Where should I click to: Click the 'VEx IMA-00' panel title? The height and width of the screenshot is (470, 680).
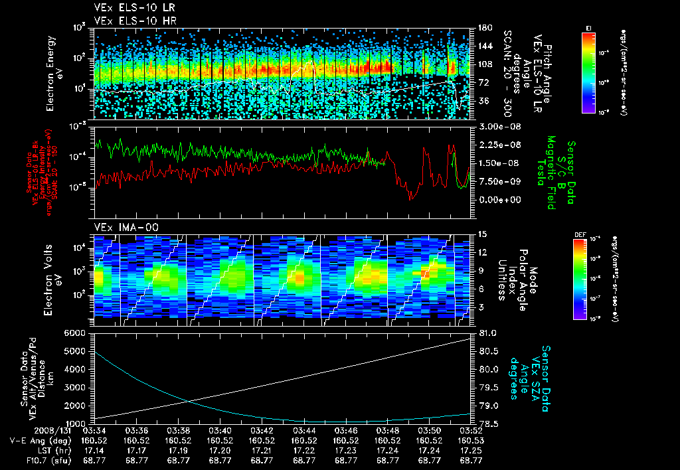(x=121, y=227)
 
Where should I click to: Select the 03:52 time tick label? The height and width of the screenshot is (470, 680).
(x=471, y=430)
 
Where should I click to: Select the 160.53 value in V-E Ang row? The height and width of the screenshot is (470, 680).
(x=471, y=439)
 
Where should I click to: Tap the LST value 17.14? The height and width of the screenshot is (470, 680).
(x=96, y=449)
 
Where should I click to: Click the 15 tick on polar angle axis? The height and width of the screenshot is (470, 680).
(x=482, y=234)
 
